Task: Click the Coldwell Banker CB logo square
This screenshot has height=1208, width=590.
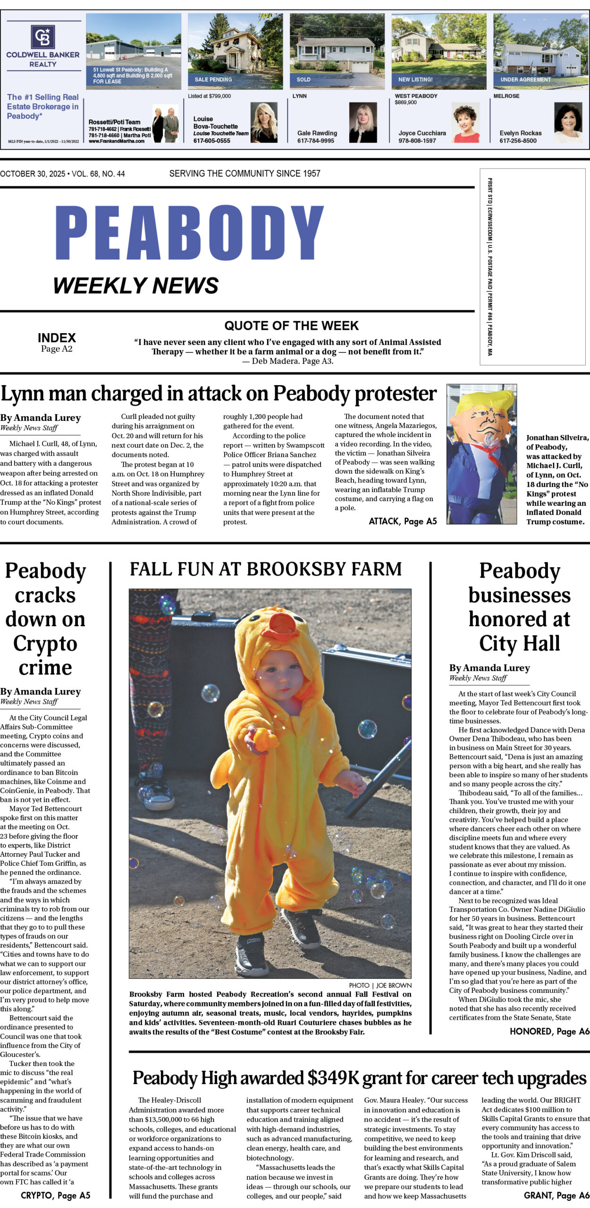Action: pyautogui.click(x=43, y=37)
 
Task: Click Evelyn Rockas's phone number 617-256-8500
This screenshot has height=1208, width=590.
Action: pyautogui.click(x=518, y=141)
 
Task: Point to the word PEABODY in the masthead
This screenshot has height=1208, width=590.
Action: pyautogui.click(x=189, y=233)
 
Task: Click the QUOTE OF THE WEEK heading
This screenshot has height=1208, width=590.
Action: pyautogui.click(x=291, y=326)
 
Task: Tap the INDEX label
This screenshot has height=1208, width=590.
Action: pyautogui.click(x=57, y=338)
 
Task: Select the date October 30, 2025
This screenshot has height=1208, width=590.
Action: pyautogui.click(x=33, y=174)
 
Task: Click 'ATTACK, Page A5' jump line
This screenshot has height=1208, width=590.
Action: pyautogui.click(x=403, y=521)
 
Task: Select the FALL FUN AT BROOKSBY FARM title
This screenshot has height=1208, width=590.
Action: pyautogui.click(x=266, y=570)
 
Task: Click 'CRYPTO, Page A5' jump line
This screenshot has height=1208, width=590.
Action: pyautogui.click(x=55, y=1195)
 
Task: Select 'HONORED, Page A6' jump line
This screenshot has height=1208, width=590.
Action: pyautogui.click(x=549, y=1032)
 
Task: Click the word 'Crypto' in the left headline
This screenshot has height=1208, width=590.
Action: pyautogui.click(x=45, y=643)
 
